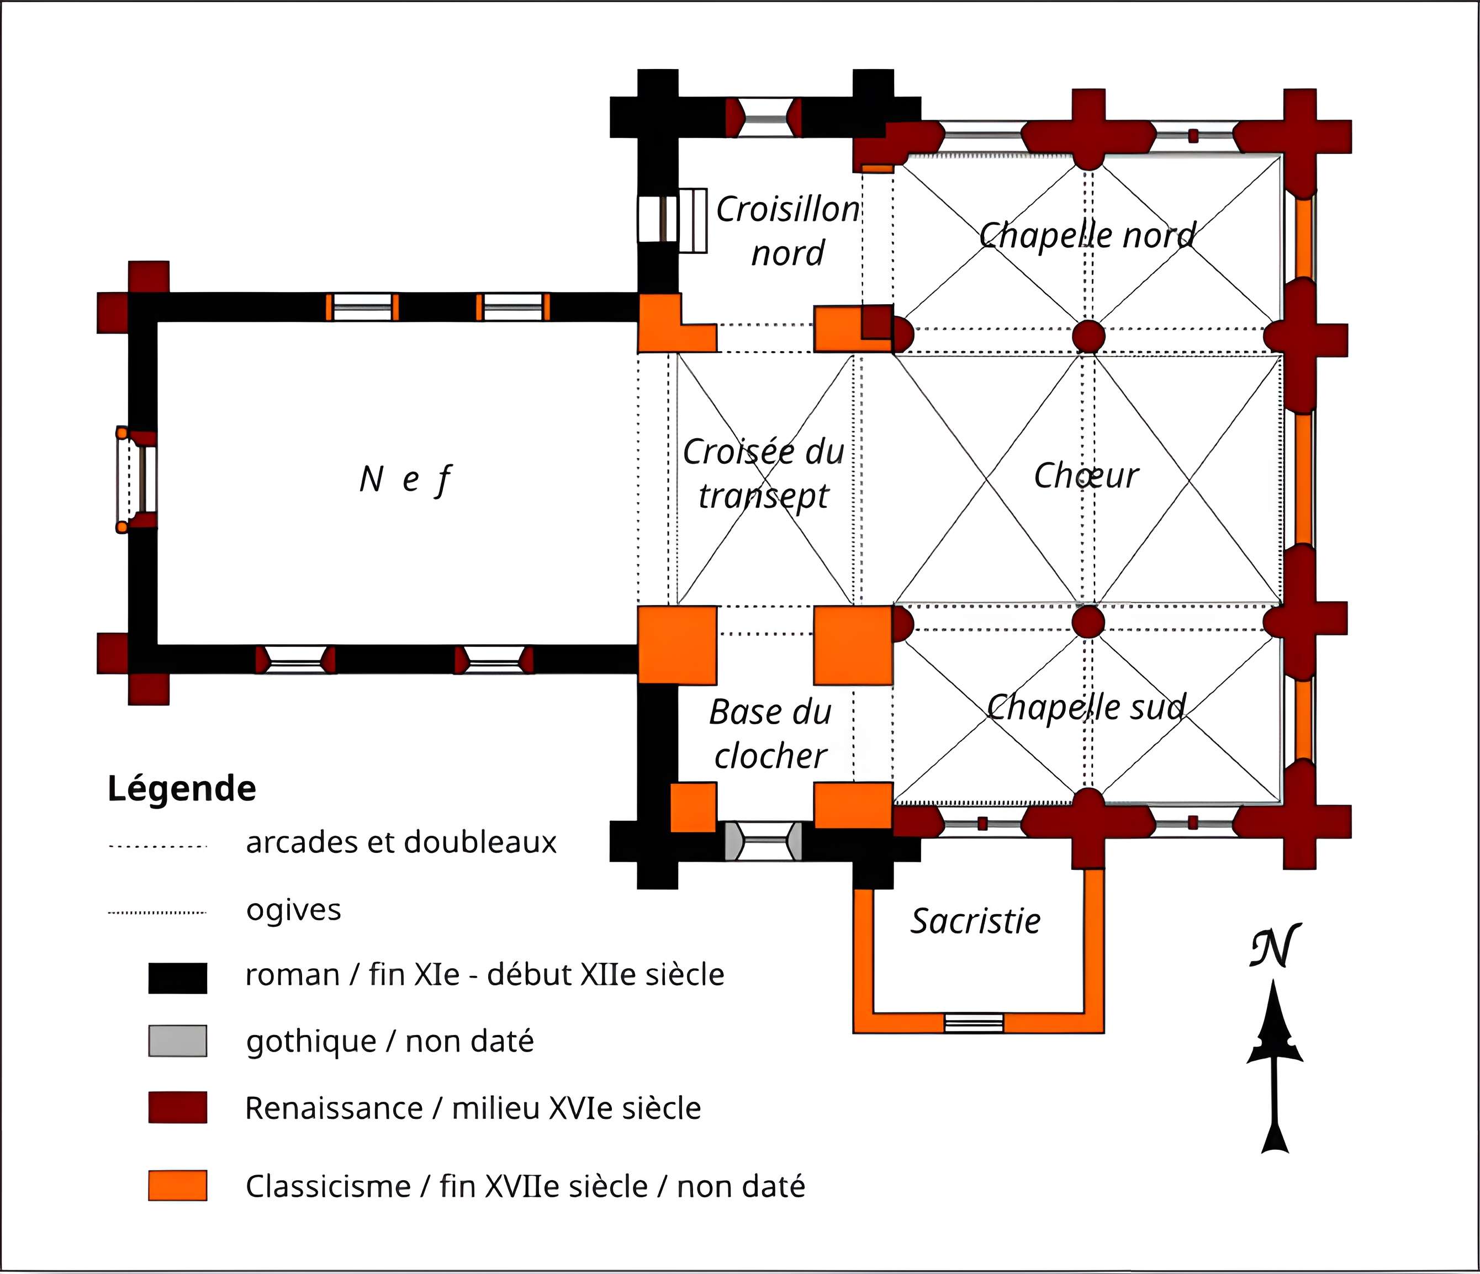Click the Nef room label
tap(405, 479)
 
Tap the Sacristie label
tap(975, 921)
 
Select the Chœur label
tap(1086, 476)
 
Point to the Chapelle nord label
tap(1087, 235)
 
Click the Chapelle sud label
tap(1086, 707)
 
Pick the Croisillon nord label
tap(788, 231)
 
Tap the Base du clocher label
tap(771, 734)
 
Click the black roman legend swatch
tap(178, 978)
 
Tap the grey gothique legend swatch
tap(178, 1041)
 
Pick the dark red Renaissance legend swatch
tap(178, 1108)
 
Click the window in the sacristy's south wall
tap(974, 1023)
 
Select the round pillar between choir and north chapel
tap(1088, 336)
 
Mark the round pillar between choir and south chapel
tap(1088, 622)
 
